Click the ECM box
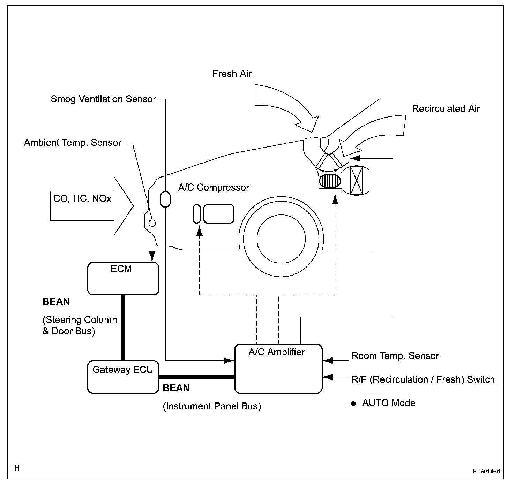(123, 278)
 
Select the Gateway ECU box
(123, 377)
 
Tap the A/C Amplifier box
(278, 369)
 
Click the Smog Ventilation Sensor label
(103, 99)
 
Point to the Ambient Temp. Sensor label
(73, 143)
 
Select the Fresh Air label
(232, 74)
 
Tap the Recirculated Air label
(446, 108)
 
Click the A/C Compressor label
(214, 187)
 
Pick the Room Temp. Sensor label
(395, 356)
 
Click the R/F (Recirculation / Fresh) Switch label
(423, 379)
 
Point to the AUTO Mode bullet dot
(353, 404)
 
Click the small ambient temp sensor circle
(152, 223)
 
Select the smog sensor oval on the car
(165, 199)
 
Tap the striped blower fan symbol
(329, 181)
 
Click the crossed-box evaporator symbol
(357, 180)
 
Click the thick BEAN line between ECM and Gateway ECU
(123, 327)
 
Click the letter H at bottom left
(17, 468)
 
